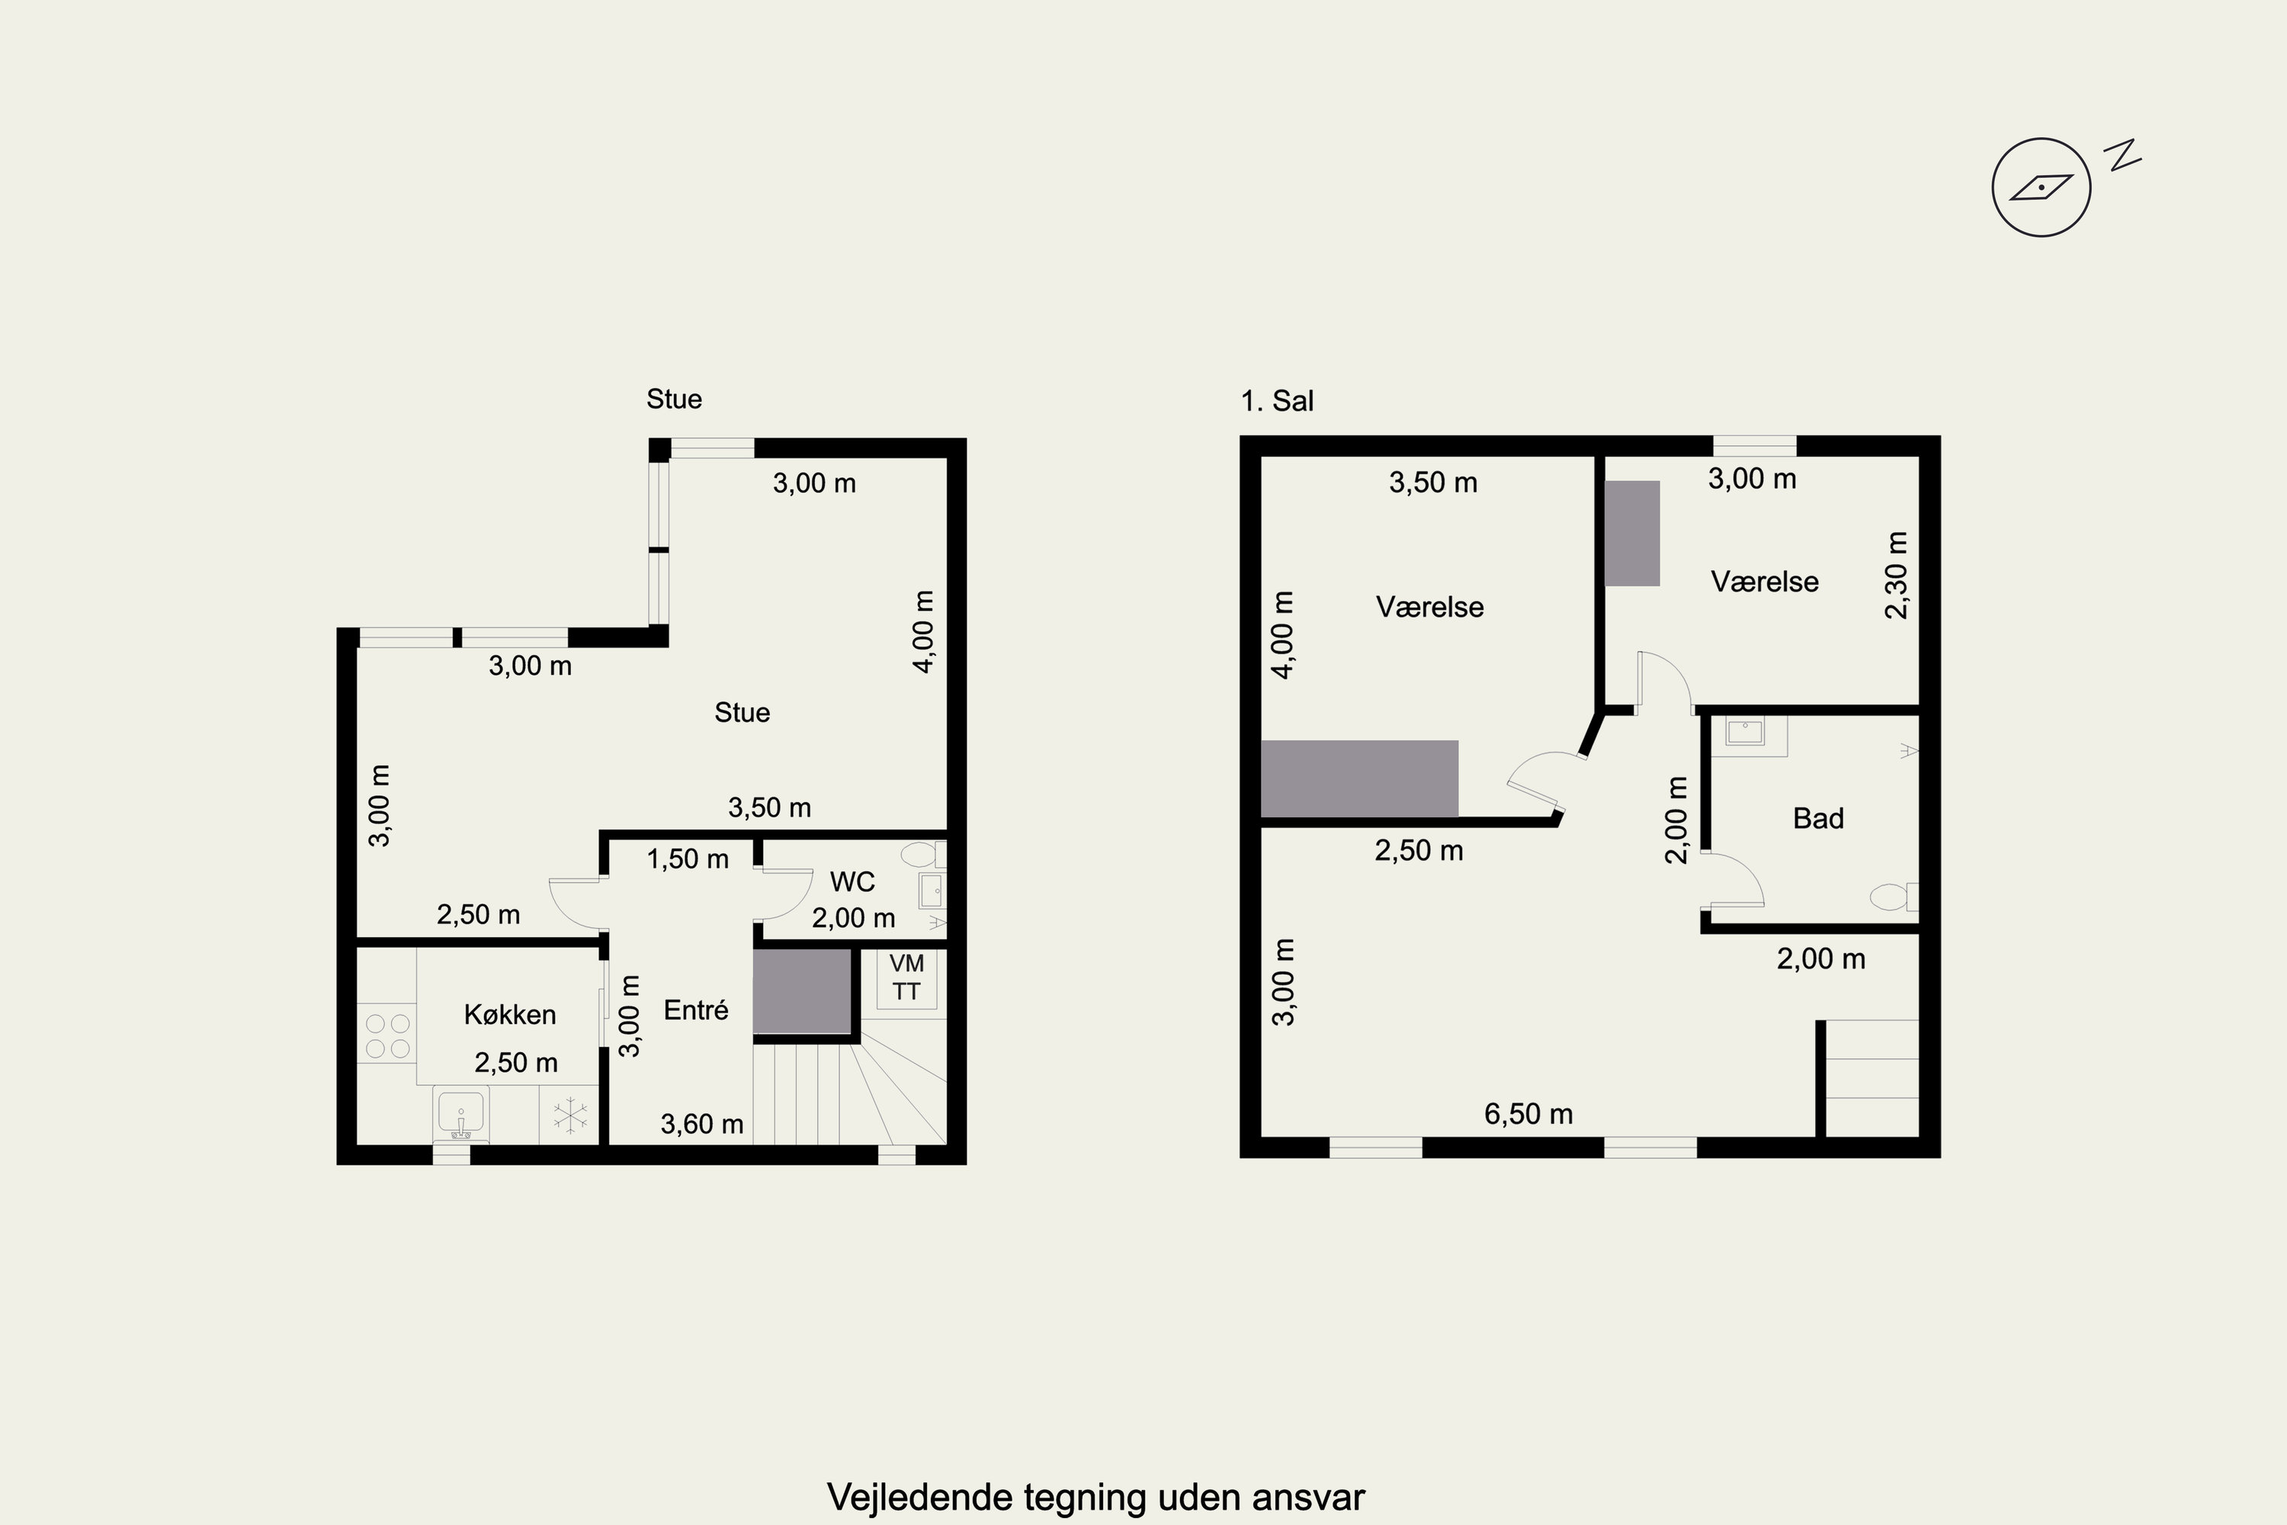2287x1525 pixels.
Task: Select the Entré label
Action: pyautogui.click(x=695, y=1010)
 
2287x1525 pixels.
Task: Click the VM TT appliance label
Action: pyautogui.click(x=906, y=978)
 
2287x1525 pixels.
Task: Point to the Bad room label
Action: pyautogui.click(x=1817, y=818)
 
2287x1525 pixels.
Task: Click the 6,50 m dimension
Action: pyautogui.click(x=1528, y=1113)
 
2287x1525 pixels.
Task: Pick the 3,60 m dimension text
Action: pyautogui.click(x=701, y=1124)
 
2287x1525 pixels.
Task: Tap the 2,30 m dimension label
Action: pyautogui.click(x=1896, y=575)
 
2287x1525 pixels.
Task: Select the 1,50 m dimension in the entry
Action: pyautogui.click(x=688, y=859)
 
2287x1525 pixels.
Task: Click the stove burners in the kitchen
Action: pyautogui.click(x=387, y=1035)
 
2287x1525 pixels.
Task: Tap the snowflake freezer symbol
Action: pyautogui.click(x=569, y=1116)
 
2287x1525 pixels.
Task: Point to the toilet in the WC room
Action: pyautogui.click(x=920, y=855)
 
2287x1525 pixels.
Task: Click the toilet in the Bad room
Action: pyautogui.click(x=1892, y=896)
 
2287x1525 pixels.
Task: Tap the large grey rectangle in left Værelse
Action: pyautogui.click(x=1359, y=778)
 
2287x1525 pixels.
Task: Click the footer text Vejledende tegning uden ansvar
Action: pyautogui.click(x=1096, y=1497)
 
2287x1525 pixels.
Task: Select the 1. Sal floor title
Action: pyautogui.click(x=1277, y=401)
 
